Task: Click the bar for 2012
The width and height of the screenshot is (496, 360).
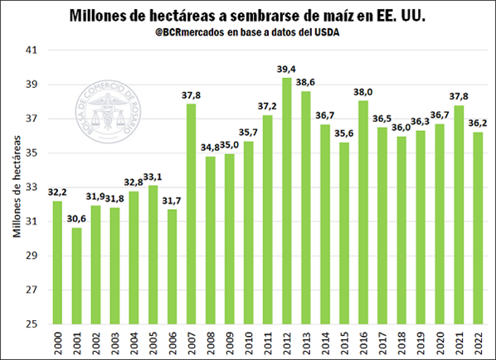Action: click(x=287, y=201)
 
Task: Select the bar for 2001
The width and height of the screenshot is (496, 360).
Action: click(x=76, y=276)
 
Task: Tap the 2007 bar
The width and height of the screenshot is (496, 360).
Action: click(x=191, y=214)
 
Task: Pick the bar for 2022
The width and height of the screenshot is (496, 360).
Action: click(x=478, y=228)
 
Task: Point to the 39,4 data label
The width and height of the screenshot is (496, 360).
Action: click(x=286, y=69)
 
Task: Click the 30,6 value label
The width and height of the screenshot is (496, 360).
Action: click(x=76, y=219)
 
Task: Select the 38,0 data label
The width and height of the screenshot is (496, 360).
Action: click(x=362, y=92)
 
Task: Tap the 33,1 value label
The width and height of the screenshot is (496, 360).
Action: click(x=153, y=177)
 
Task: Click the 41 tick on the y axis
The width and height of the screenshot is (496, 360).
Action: click(x=32, y=50)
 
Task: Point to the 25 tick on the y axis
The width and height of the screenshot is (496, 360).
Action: click(x=32, y=324)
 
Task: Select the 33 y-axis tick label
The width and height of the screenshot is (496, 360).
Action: click(x=32, y=187)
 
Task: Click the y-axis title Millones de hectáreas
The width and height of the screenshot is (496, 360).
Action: click(x=17, y=187)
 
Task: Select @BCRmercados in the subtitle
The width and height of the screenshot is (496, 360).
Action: click(x=190, y=32)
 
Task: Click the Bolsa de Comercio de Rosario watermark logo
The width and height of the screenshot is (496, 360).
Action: click(x=108, y=111)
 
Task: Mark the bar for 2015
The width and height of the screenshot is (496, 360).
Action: click(x=344, y=233)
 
